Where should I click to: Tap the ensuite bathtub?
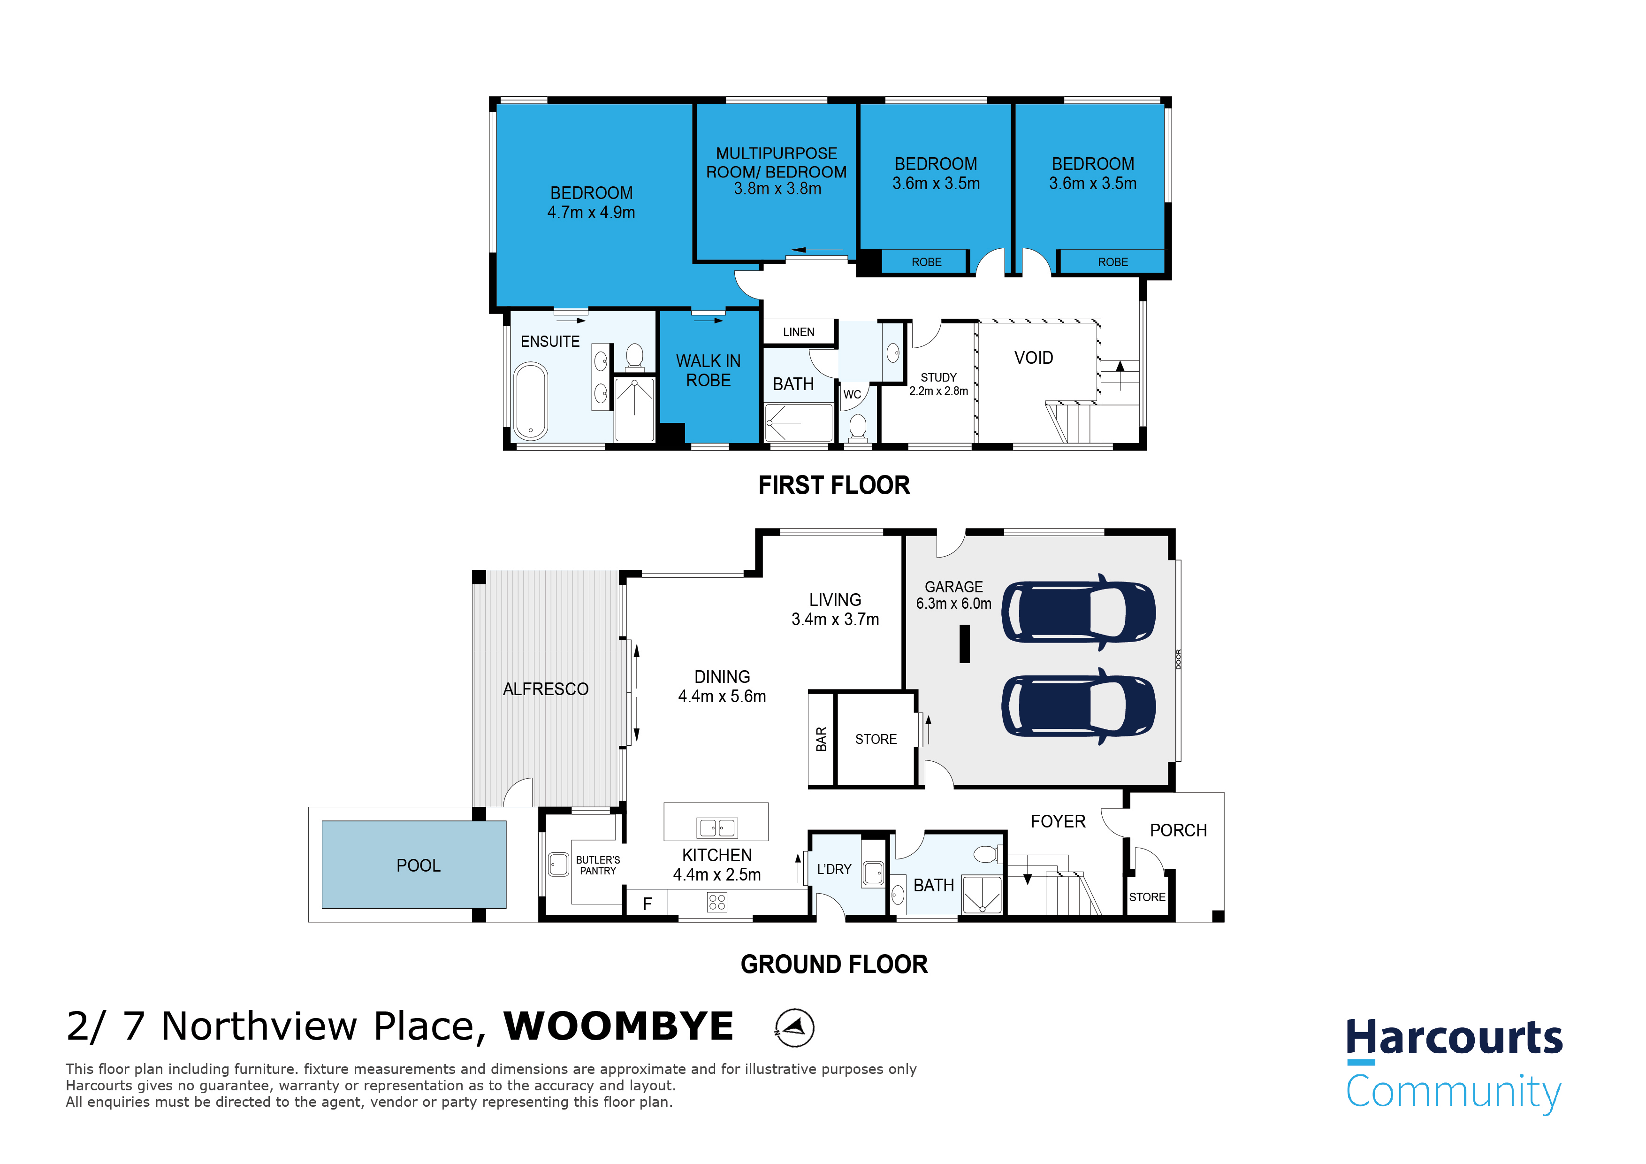531,400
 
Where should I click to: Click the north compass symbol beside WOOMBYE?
794,1028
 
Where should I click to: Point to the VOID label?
1033,358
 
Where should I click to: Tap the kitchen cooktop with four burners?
717,902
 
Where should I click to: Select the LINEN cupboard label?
799,332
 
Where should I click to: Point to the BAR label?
822,739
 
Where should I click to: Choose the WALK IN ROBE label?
709,371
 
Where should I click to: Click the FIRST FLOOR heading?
834,485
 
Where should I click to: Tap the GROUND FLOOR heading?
834,965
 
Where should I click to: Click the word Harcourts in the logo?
1454,1038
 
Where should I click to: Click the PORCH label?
1178,830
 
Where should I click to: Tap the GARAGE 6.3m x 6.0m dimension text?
953,595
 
